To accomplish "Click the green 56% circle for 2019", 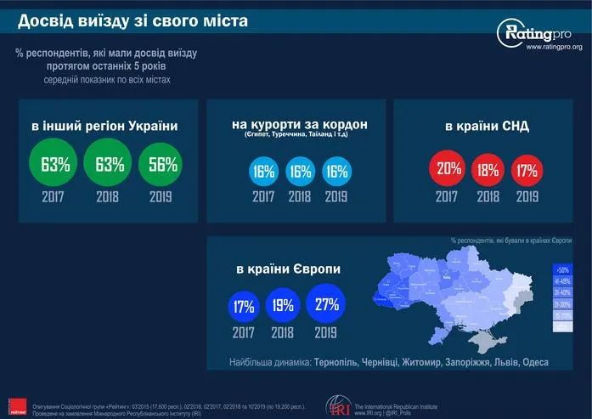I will [x=157, y=163].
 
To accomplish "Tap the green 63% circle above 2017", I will [x=54, y=163].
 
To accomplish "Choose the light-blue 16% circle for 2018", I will [x=301, y=171].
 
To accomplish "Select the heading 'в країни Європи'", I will [x=289, y=269].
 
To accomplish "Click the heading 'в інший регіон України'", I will [x=104, y=127].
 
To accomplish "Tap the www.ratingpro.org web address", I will [x=554, y=48].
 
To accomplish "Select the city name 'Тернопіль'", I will [x=340, y=362].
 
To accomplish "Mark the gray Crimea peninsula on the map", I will [x=486, y=341].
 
